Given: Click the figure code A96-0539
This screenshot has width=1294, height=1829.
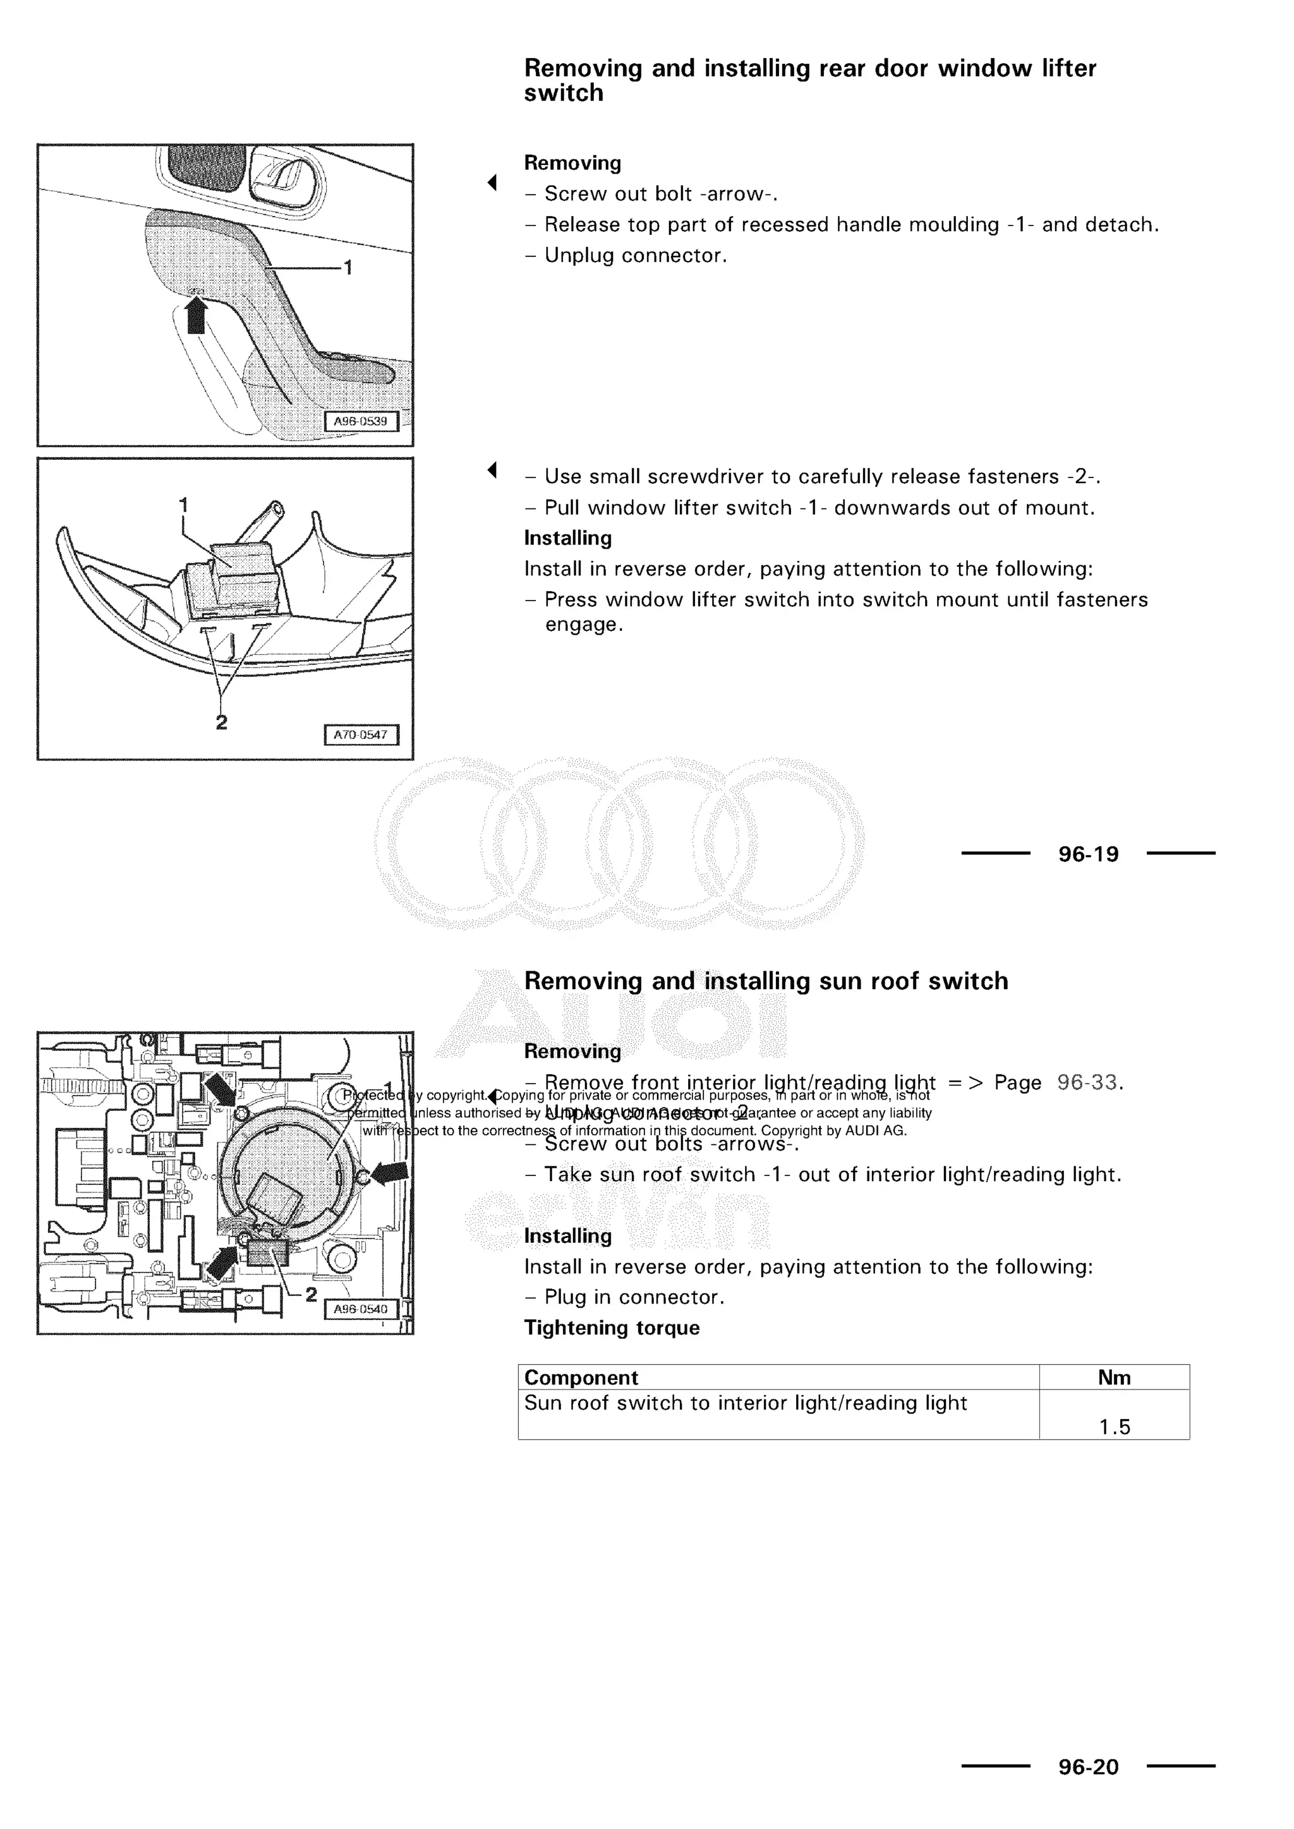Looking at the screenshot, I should click(361, 421).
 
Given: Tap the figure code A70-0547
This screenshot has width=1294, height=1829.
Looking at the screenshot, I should click(361, 735).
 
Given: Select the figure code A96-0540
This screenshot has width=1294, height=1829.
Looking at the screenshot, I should click(361, 1309).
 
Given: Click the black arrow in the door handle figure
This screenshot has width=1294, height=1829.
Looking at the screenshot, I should click(196, 317).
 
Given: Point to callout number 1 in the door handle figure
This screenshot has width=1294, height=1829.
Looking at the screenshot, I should click(348, 268).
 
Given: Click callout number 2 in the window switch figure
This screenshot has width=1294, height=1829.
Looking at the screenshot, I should click(222, 722).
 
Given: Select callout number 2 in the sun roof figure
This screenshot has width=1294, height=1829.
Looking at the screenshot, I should click(311, 1295).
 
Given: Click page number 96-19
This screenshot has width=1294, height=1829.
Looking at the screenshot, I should click(1089, 854).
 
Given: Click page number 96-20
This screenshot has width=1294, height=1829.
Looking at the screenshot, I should click(1089, 1767).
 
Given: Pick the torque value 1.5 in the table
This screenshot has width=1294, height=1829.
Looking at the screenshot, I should click(1114, 1427).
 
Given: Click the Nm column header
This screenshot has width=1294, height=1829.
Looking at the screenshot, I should click(1114, 1377).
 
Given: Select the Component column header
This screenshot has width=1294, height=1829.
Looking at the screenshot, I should click(581, 1377).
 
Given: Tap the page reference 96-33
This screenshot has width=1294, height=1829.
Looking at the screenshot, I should click(1087, 1082).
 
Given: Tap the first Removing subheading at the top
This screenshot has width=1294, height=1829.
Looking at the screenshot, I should click(572, 164).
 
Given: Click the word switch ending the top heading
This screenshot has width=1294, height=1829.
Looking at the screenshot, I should click(564, 93).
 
